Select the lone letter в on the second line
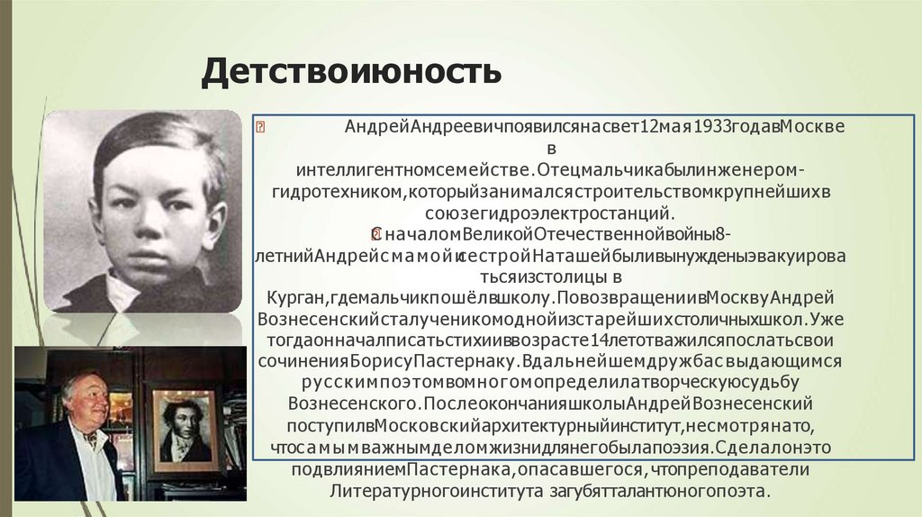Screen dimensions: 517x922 point(552,148)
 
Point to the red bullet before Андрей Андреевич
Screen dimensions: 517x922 point(260,127)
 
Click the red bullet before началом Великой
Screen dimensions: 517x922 point(377,234)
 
